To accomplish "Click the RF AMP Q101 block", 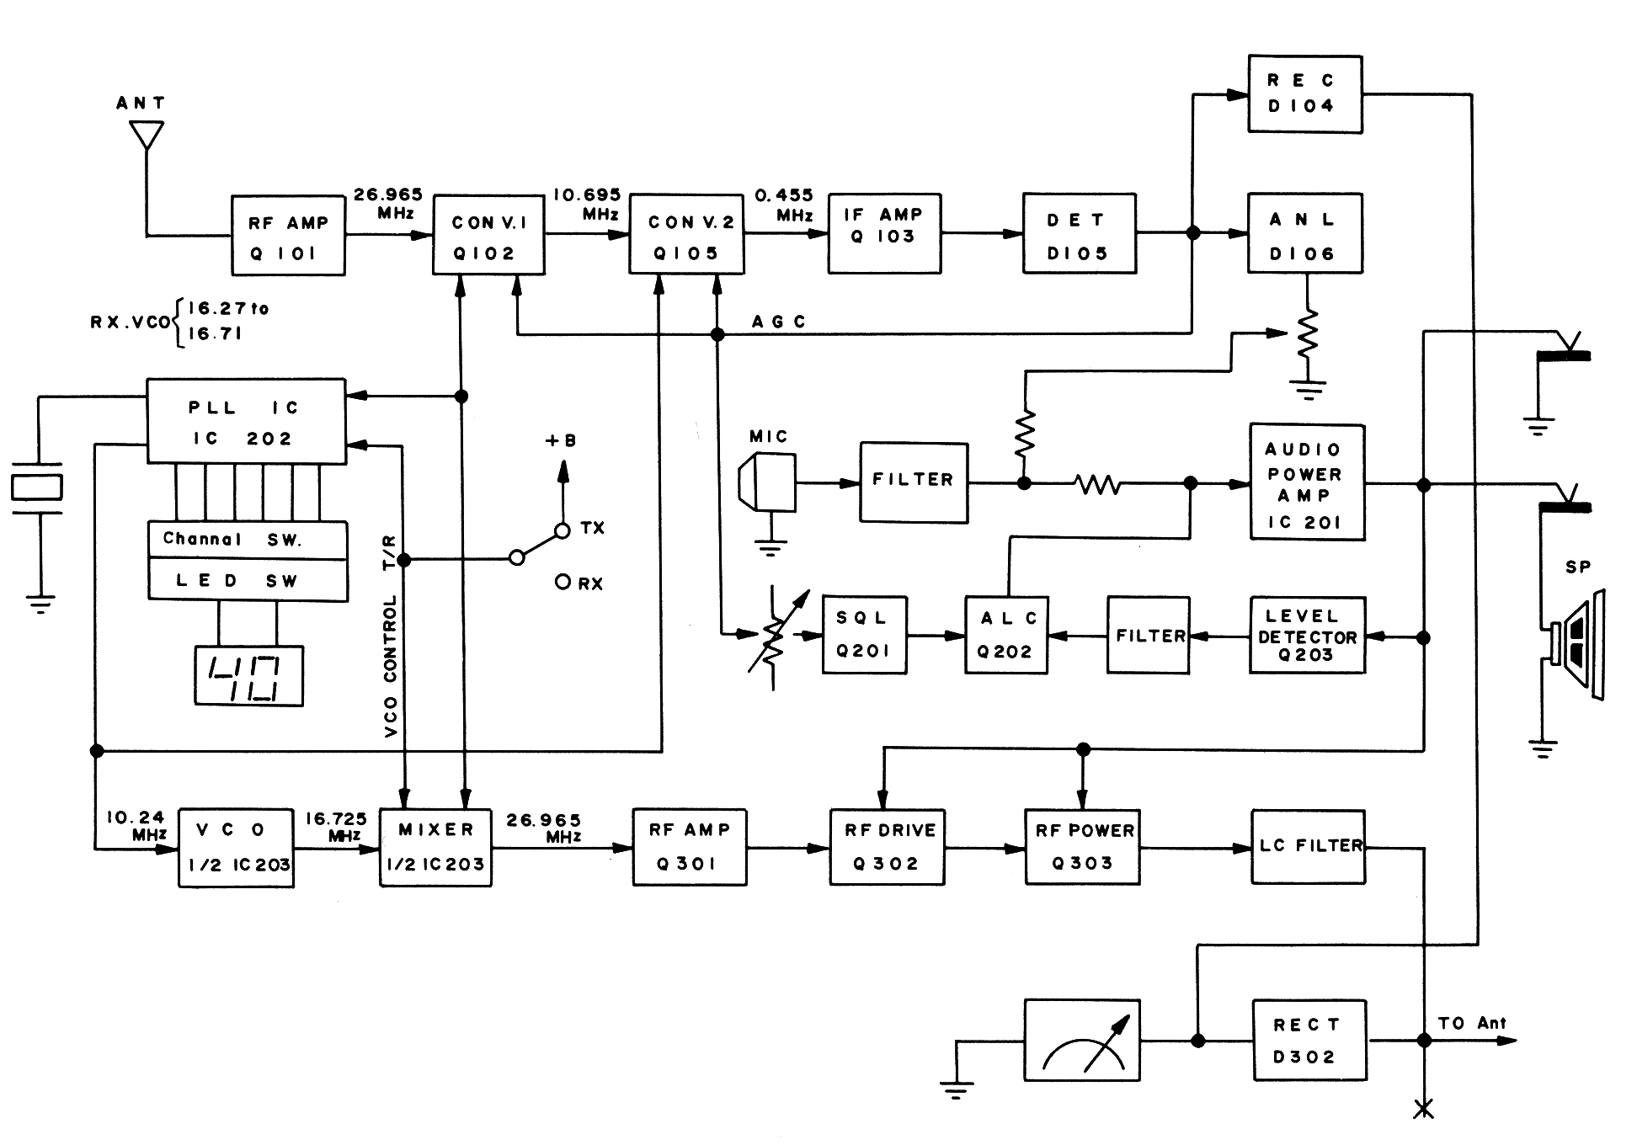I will pyautogui.click(x=288, y=236).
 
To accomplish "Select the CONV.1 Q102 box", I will pyautogui.click(x=488, y=235).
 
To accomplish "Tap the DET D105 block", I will pyautogui.click(x=1079, y=233).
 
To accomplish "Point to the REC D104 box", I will pyautogui.click(x=1304, y=93).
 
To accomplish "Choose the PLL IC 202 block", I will pyautogui.click(x=246, y=421).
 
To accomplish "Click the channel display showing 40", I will pyautogui.click(x=248, y=676).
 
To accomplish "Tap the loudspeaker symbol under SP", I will pyautogui.click(x=1576, y=643).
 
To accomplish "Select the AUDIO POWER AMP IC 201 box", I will pyautogui.click(x=1306, y=483).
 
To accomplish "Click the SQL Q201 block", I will pyautogui.click(x=864, y=635).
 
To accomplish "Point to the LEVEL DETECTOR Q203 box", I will pyautogui.click(x=1306, y=636).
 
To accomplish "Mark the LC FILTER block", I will pyautogui.click(x=1308, y=846).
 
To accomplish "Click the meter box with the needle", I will pyautogui.click(x=1082, y=1041).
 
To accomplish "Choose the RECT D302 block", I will pyautogui.click(x=1309, y=1041).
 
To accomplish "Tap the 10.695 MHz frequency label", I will pyautogui.click(x=587, y=204).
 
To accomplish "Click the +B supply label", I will pyautogui.click(x=561, y=440).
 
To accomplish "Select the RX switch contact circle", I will pyautogui.click(x=563, y=582).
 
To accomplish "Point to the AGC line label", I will pyautogui.click(x=778, y=322).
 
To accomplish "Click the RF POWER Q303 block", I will pyautogui.click(x=1082, y=846).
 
